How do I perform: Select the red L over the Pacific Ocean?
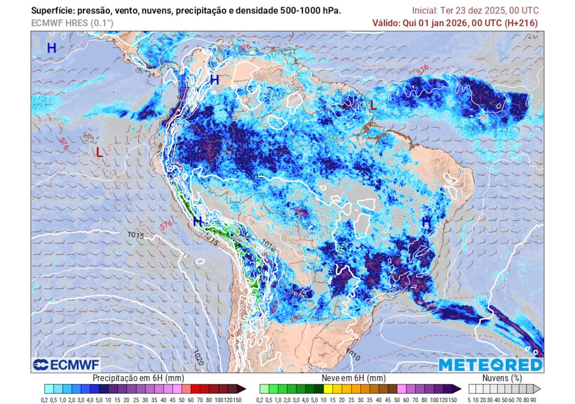(100, 153)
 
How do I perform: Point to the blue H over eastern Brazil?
(426, 222)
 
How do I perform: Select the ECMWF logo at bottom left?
(66, 364)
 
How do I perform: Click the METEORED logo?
(490, 364)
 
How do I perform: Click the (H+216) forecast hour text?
(521, 23)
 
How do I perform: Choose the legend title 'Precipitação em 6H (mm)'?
(138, 378)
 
